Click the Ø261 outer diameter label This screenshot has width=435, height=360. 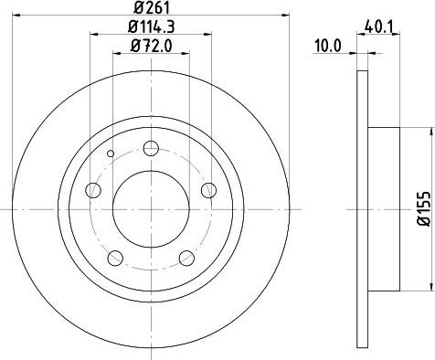click(x=151, y=7)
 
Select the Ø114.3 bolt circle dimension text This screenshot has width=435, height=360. click(x=151, y=26)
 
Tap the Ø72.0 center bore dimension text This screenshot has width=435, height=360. click(x=152, y=46)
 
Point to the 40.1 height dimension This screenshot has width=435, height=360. click(x=379, y=27)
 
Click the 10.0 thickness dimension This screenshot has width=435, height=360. click(x=328, y=47)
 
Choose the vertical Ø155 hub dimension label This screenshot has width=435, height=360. click(x=424, y=208)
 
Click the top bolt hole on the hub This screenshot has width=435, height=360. click(x=151, y=148)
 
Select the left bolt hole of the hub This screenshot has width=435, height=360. click(x=93, y=190)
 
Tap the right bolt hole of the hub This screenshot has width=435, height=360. click(x=209, y=190)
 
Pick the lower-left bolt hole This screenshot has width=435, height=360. click(x=115, y=258)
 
